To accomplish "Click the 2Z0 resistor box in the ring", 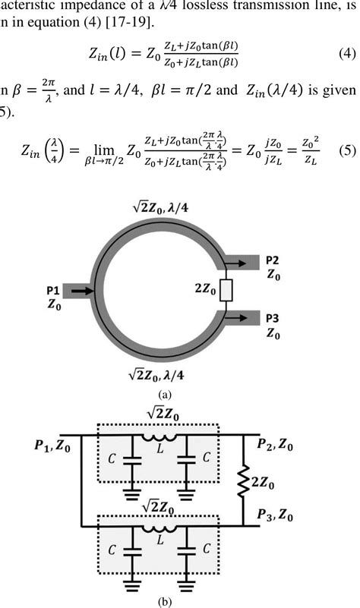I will point(224,289).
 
